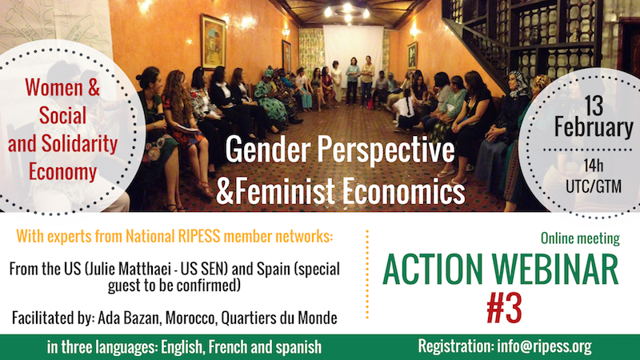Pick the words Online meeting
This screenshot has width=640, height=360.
(578, 238)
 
